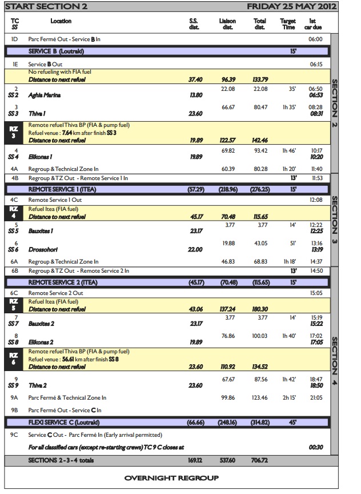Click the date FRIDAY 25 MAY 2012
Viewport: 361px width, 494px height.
pyautogui.click(x=291, y=7)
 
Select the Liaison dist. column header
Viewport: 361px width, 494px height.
pyautogui.click(x=227, y=24)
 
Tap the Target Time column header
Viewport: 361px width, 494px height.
pyautogui.click(x=288, y=24)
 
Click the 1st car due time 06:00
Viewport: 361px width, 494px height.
pyautogui.click(x=315, y=39)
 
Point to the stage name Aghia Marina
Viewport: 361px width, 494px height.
pyautogui.click(x=44, y=95)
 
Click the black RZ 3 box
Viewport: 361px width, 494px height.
pyautogui.click(x=14, y=133)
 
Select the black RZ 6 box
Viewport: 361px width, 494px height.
pyautogui.click(x=14, y=358)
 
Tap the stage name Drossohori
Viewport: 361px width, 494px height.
pyautogui.click(x=44, y=249)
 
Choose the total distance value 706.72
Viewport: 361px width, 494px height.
pyautogui.click(x=260, y=460)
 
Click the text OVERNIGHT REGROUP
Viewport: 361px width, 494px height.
pyautogui.click(x=171, y=478)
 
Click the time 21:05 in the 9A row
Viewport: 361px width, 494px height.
pyautogui.click(x=315, y=397)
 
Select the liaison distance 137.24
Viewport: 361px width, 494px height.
pyautogui.click(x=227, y=309)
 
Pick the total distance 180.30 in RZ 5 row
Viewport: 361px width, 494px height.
pyautogui.click(x=260, y=309)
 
